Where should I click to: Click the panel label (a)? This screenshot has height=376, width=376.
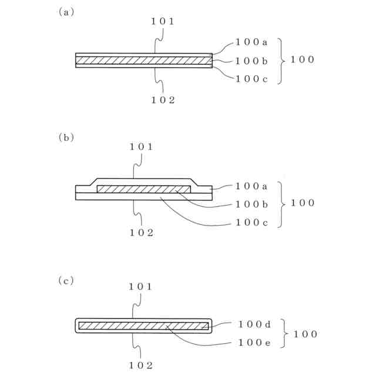tap(66, 11)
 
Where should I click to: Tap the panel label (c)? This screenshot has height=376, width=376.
tap(66, 281)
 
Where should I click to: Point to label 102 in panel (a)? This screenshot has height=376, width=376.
tap(163, 99)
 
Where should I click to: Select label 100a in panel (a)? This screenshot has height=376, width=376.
tap(251, 42)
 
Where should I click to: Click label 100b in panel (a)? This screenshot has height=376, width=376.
tap(251, 61)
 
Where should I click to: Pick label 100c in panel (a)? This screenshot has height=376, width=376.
tap(251, 79)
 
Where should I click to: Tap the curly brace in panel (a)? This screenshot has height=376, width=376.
tap(282, 60)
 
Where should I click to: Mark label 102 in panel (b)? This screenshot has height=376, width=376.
tap(142, 232)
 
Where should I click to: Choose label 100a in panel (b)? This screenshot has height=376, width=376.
tap(251, 186)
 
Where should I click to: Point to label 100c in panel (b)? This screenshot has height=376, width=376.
tap(251, 223)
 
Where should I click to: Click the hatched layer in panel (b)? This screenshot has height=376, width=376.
tap(143, 189)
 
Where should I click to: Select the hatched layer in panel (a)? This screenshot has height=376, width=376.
tap(143, 60)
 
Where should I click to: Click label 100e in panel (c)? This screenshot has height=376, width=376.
tap(254, 343)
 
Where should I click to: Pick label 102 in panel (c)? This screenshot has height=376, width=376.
tap(142, 365)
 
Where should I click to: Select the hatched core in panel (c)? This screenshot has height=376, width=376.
tap(143, 325)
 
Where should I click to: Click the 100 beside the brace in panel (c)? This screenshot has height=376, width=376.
tap(305, 334)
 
